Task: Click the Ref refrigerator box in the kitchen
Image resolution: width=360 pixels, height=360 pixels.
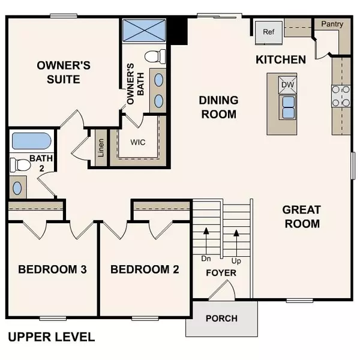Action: point(268,32)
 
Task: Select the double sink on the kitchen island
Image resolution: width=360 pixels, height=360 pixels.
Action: point(287,106)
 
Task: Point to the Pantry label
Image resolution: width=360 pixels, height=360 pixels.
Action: point(332,24)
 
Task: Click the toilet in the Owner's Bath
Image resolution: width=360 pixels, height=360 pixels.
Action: point(155,58)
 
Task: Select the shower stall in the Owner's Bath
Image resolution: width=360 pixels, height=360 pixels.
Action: point(145,31)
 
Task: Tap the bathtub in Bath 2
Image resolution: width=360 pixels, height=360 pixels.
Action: point(31,142)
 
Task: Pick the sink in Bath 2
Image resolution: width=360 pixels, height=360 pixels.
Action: point(17,188)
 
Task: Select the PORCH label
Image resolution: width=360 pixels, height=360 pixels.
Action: point(221,318)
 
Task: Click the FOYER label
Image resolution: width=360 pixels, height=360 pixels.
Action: point(221,273)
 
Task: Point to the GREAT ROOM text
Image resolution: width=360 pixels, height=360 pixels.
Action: point(301,217)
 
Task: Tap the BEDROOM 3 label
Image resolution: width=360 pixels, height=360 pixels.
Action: point(53,269)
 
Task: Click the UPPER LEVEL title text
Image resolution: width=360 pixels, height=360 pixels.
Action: point(51,337)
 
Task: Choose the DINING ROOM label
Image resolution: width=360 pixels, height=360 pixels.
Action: point(218,107)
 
